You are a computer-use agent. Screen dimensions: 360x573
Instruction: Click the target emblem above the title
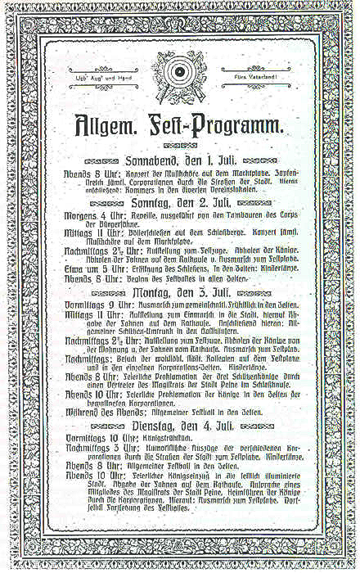[179, 78]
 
